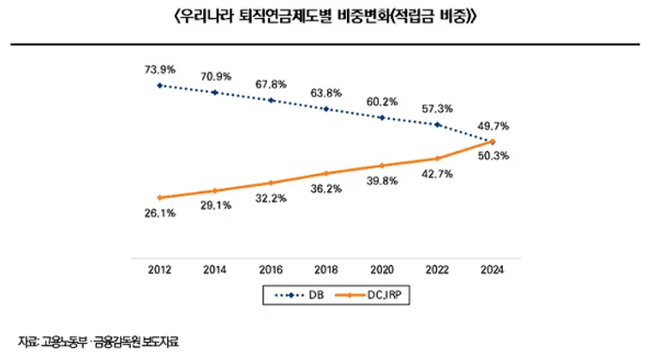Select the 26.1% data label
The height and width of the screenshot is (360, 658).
click(159, 213)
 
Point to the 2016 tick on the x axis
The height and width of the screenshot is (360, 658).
click(271, 268)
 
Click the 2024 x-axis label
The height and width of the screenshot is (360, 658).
click(493, 268)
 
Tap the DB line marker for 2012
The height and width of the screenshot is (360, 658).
click(159, 85)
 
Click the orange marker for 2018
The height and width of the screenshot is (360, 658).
click(326, 174)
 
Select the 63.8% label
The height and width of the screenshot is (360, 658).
click(326, 92)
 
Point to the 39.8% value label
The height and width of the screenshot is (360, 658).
click(382, 181)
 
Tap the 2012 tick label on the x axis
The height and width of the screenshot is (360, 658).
click(159, 268)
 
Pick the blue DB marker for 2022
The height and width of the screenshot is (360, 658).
click(438, 124)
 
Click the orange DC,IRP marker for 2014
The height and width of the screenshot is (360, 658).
click(215, 190)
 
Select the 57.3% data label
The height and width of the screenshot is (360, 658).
click(438, 109)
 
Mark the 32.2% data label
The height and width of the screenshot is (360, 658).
click(271, 198)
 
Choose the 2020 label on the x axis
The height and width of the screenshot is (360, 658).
click(382, 268)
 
